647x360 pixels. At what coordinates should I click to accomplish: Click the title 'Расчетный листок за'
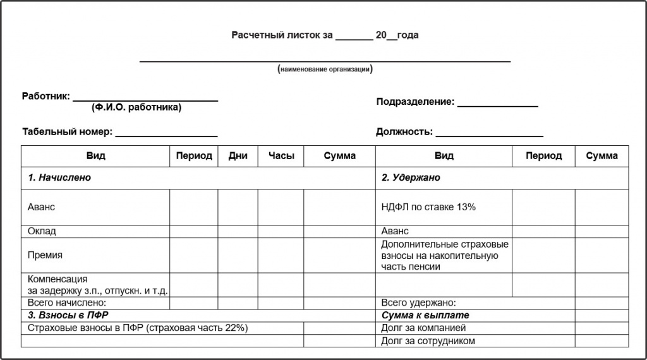point(282,35)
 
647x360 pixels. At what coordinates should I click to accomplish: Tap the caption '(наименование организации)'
point(325,69)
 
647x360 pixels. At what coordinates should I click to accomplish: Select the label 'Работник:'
point(46,97)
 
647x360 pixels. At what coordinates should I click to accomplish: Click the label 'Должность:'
point(404,132)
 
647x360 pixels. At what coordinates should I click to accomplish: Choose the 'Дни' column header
point(238,156)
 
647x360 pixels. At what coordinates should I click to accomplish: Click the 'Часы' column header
point(281,156)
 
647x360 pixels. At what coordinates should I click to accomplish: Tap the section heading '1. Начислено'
point(59,177)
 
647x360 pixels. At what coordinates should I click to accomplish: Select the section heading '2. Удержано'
point(411,177)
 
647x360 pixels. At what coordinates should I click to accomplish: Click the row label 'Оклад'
point(42,231)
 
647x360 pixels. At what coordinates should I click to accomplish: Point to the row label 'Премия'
point(45,255)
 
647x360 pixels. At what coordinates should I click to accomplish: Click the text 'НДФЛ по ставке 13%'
point(428,207)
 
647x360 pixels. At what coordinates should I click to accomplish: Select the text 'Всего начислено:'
point(63,303)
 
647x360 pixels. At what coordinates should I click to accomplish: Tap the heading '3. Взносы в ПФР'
point(64,315)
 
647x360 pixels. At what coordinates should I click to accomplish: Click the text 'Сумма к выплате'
point(425,315)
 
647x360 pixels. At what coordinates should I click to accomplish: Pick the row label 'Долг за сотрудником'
point(428,341)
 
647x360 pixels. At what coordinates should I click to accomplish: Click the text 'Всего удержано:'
point(418,303)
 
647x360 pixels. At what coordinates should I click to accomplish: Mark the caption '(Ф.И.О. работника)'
point(136,107)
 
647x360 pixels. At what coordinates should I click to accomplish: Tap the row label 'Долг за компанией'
point(423,328)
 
